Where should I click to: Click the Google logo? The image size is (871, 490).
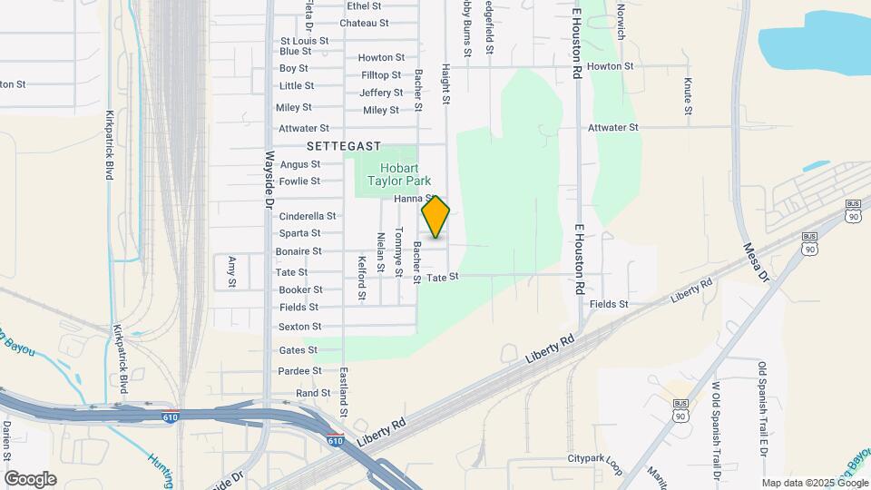pyautogui.click(x=30, y=478)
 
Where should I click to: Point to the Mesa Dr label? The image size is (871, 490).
pyautogui.click(x=756, y=262)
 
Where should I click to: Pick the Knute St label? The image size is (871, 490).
pyautogui.click(x=688, y=97)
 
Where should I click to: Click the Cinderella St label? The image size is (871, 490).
pyautogui.click(x=308, y=216)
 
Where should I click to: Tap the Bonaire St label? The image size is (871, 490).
pyautogui.click(x=298, y=251)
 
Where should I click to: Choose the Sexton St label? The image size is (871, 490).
pyautogui.click(x=299, y=327)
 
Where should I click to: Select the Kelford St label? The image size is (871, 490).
pyautogui.click(x=361, y=278)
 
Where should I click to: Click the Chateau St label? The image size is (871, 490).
pyautogui.click(x=364, y=23)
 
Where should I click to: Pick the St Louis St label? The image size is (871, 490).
pyautogui.click(x=304, y=41)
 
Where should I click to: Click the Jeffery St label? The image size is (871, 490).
pyautogui.click(x=381, y=93)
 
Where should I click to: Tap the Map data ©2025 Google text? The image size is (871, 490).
pyautogui.click(x=814, y=483)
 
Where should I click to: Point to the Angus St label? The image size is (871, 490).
pyautogui.click(x=300, y=164)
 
